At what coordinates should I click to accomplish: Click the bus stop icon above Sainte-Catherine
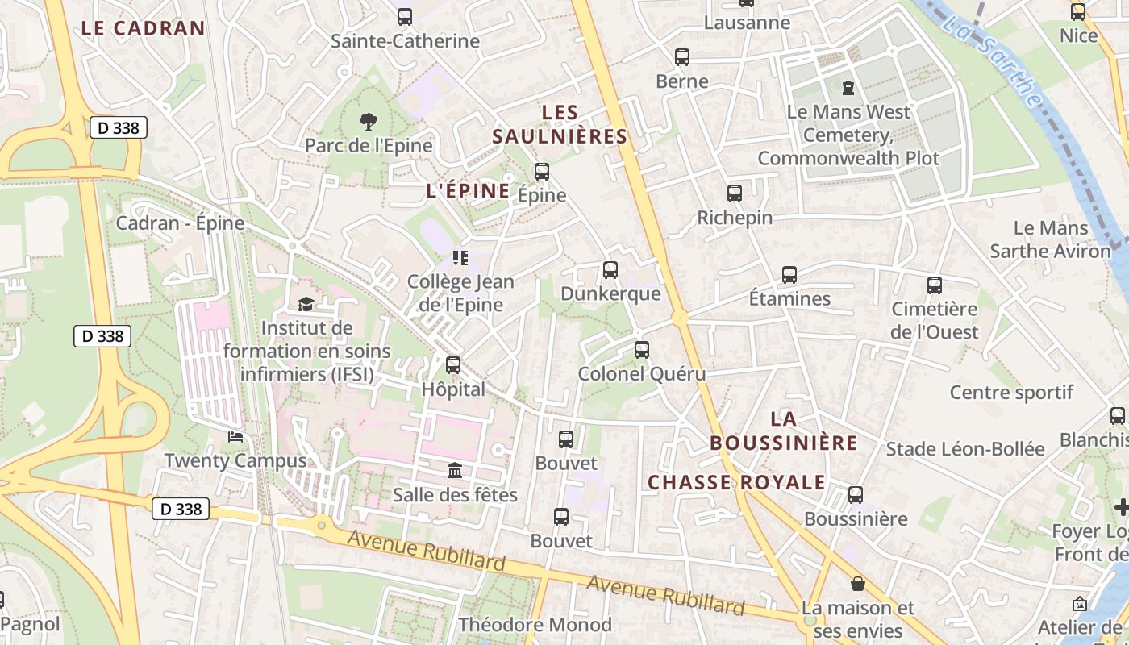[405, 16]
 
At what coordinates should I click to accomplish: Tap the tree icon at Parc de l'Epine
[369, 122]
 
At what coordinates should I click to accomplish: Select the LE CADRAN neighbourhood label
[144, 28]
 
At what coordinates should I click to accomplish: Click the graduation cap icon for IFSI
[306, 304]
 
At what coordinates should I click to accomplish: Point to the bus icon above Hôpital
[453, 365]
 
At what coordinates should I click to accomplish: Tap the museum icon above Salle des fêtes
[455, 470]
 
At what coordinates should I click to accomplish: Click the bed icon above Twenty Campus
[235, 436]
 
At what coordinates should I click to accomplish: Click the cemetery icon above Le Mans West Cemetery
[848, 87]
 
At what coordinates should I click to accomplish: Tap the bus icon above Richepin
[735, 193]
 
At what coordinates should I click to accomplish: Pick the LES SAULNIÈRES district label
[560, 124]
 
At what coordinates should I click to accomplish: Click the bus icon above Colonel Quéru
[642, 350]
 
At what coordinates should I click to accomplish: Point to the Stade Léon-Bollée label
[965, 449]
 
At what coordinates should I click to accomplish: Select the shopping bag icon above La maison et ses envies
[858, 583]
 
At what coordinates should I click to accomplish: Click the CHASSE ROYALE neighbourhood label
[736, 483]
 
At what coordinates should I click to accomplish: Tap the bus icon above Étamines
[789, 275]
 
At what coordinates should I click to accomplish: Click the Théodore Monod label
[535, 625]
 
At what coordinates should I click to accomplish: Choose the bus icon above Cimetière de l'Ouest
[935, 285]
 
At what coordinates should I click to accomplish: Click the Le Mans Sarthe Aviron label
[1051, 239]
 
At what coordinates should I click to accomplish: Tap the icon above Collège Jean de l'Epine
[460, 258]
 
